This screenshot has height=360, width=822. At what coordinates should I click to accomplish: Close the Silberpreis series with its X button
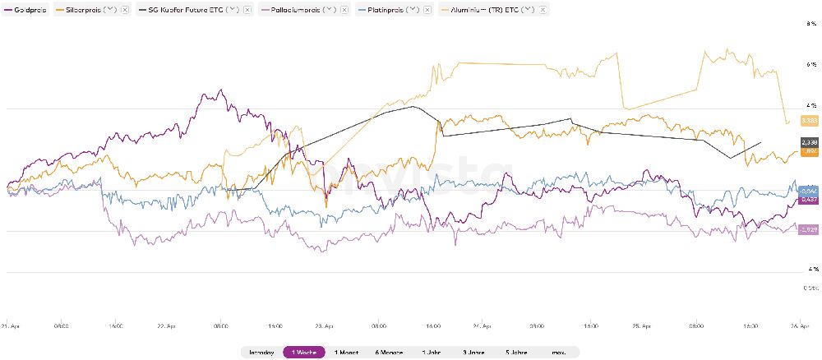pyautogui.click(x=124, y=9)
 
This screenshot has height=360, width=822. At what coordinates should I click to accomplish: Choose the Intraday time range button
pyautogui.click(x=261, y=352)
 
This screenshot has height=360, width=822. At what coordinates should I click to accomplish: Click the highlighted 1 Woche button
pyautogui.click(x=304, y=352)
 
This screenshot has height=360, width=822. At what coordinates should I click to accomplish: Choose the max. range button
pyautogui.click(x=559, y=352)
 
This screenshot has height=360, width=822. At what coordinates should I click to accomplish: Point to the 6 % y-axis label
pyautogui.click(x=810, y=63)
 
